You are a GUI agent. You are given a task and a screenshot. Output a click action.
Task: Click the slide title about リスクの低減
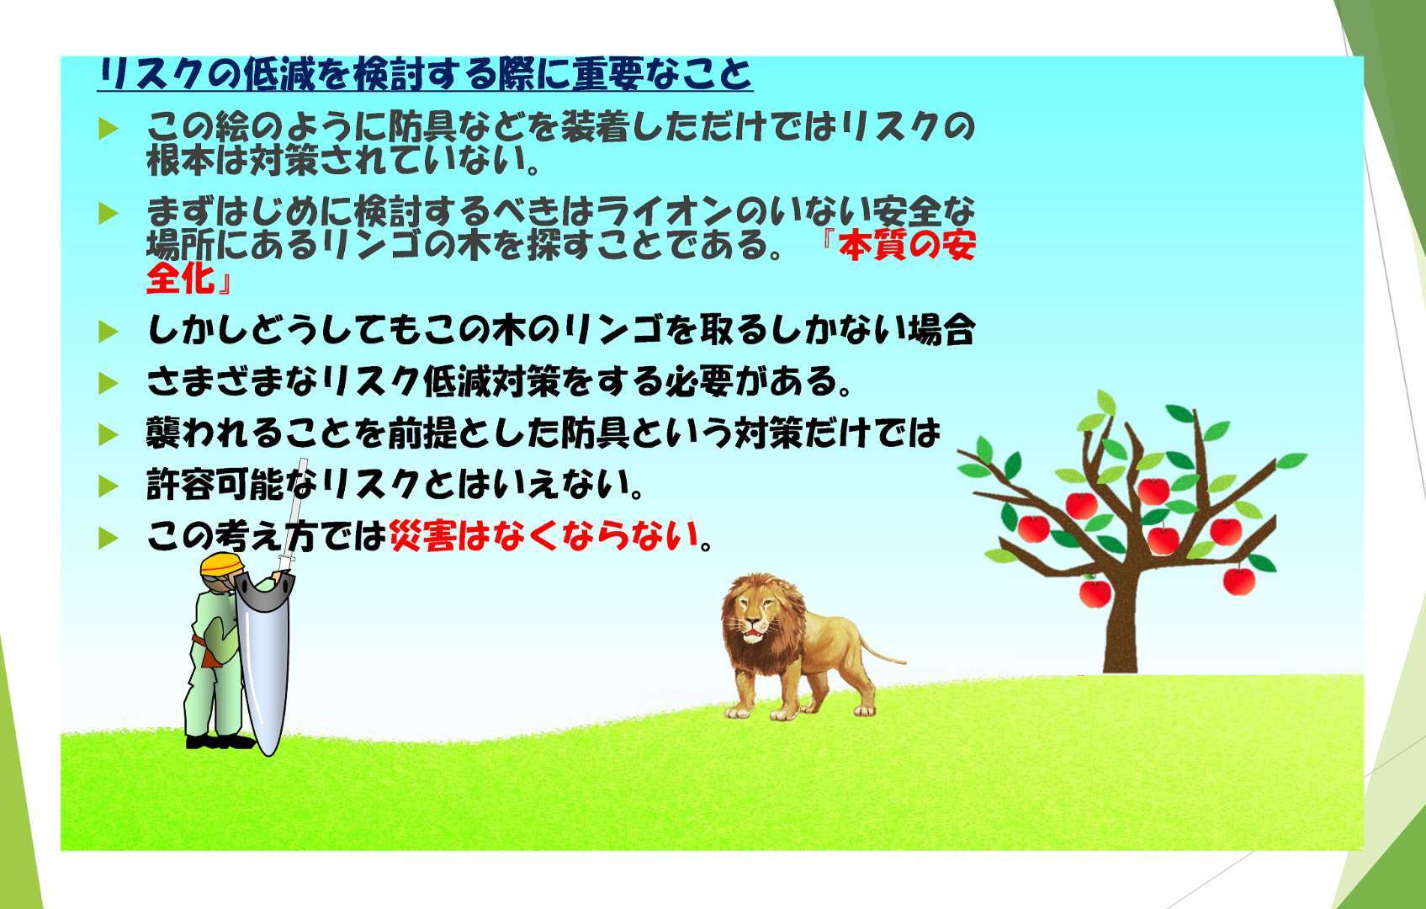tap(425, 74)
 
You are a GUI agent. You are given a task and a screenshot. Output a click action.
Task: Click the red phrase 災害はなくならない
tap(545, 536)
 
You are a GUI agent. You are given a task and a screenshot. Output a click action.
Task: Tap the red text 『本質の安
tap(899, 246)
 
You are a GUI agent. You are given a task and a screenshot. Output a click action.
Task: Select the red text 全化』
tap(189, 279)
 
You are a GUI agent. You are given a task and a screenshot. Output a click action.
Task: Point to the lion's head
tap(756, 613)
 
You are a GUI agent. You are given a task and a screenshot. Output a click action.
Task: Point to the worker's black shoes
tap(220, 742)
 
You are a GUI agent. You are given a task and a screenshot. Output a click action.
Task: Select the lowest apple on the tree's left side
tap(1095, 593)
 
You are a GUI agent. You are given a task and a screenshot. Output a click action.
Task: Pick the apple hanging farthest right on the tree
tap(1239, 580)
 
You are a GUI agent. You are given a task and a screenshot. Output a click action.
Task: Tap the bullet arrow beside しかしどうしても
tap(109, 332)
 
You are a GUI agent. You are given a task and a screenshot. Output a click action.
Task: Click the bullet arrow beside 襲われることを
tap(109, 435)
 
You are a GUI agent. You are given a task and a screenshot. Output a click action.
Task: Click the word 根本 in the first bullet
tap(180, 160)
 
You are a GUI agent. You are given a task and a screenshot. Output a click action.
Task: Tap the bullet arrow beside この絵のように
tap(109, 130)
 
